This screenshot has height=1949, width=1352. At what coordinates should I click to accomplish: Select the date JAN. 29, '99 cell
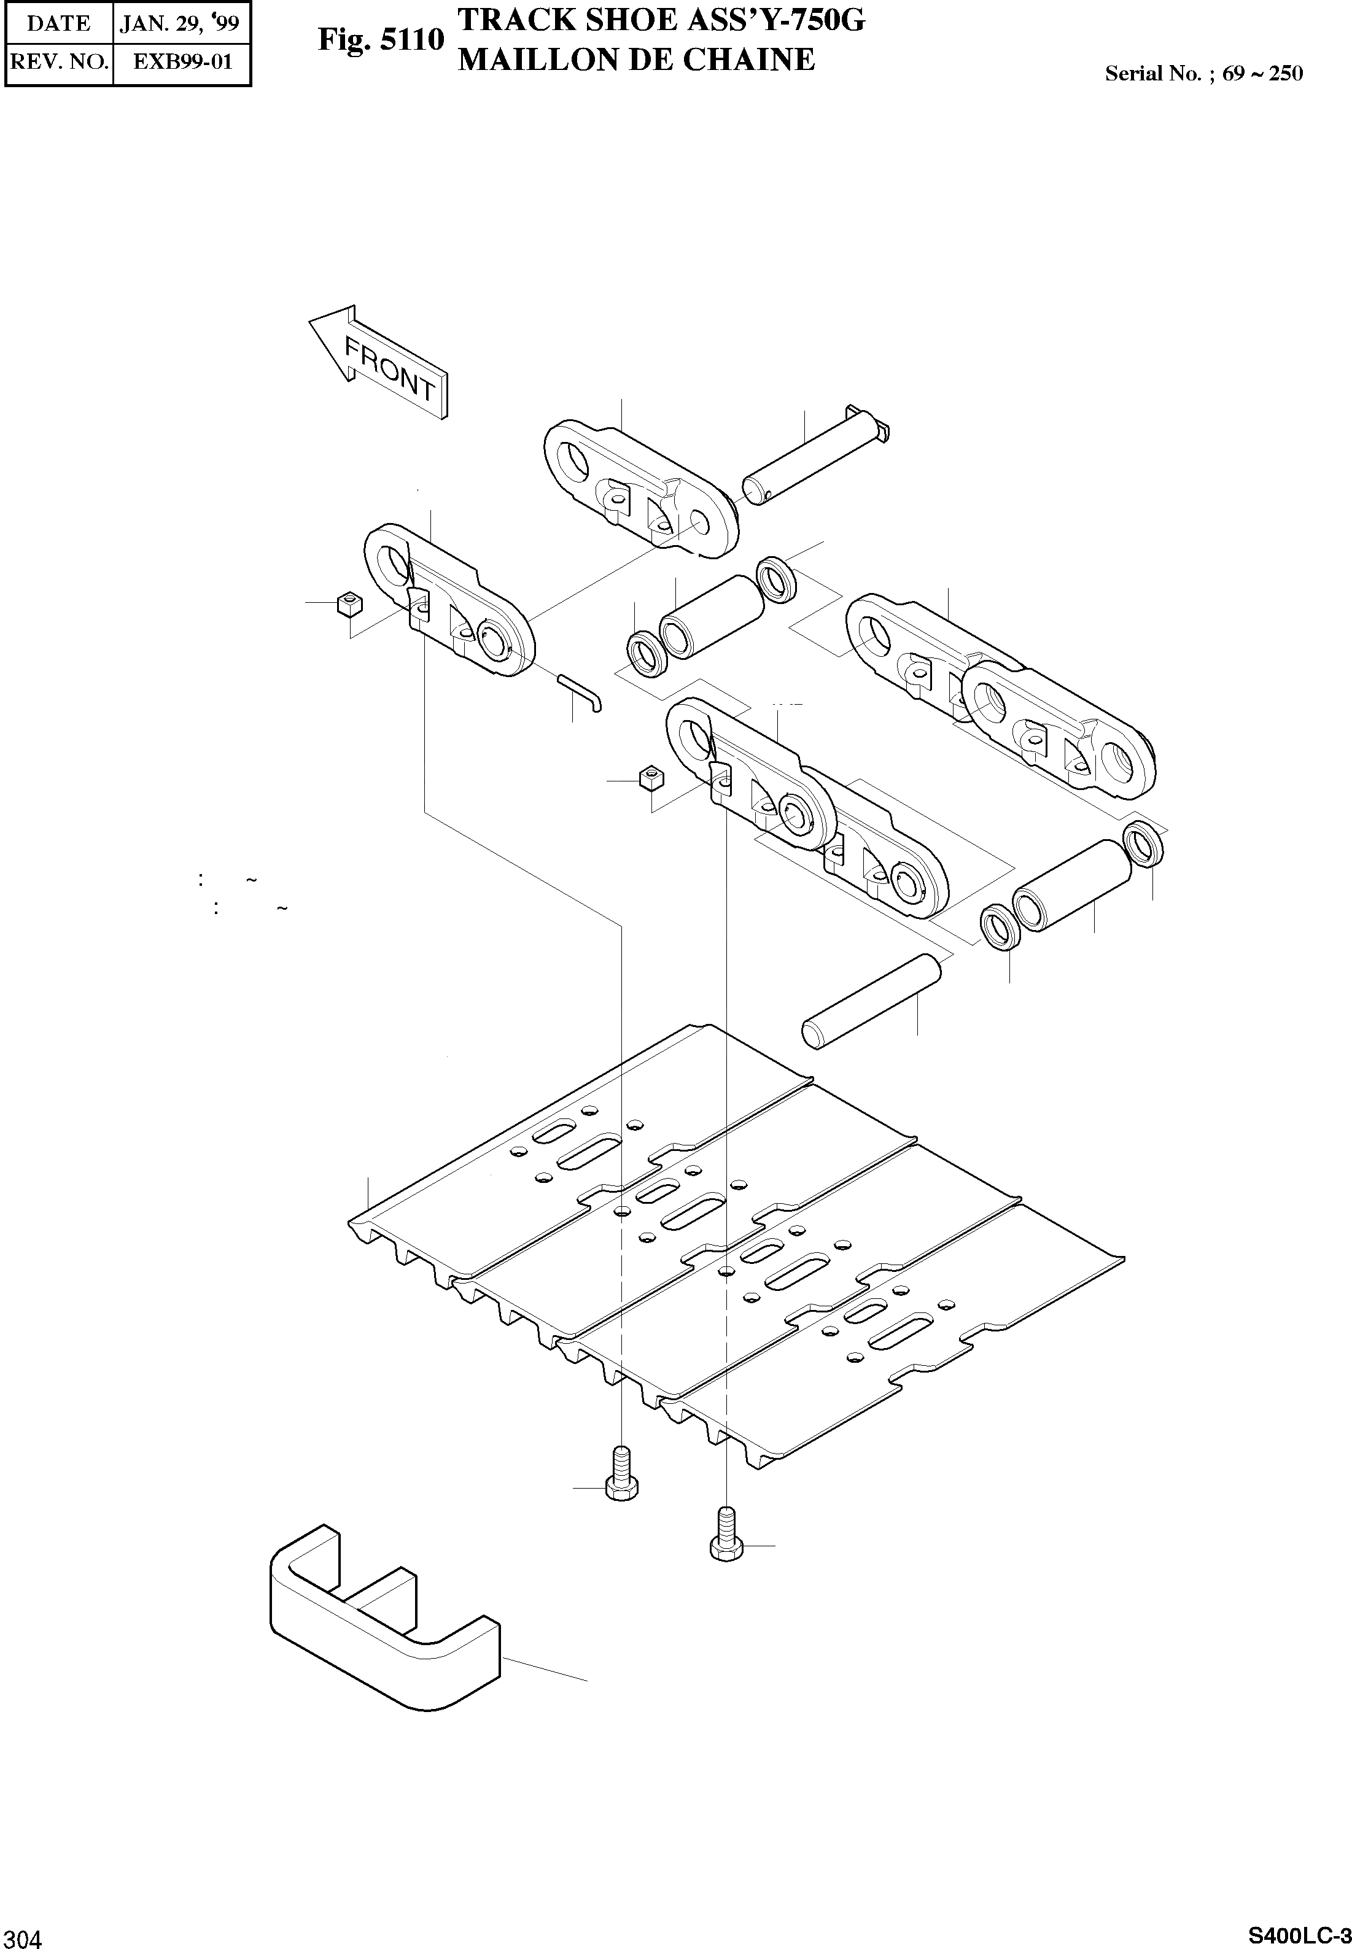tap(181, 23)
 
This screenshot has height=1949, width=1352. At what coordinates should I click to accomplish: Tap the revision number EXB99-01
tap(182, 62)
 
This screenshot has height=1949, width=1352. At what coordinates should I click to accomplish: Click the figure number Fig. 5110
tap(381, 40)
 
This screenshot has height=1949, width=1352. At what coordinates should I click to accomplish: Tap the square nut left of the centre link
tap(651, 777)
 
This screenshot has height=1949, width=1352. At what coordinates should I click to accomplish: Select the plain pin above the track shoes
tap(872, 1001)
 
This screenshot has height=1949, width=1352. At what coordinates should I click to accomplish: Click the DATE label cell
tap(58, 23)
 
